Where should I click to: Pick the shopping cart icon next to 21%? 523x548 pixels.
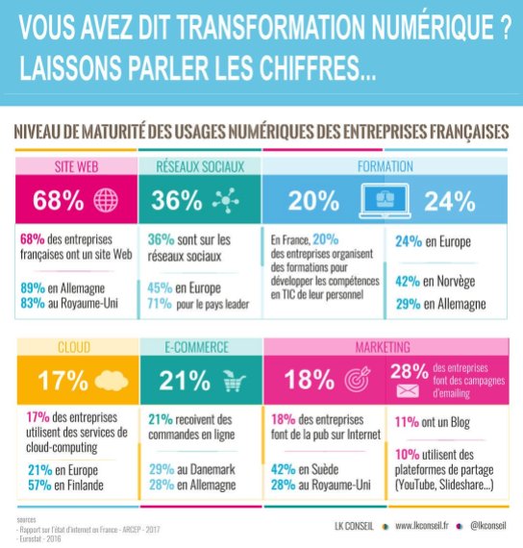(232, 382)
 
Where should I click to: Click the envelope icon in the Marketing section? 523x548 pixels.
(405, 390)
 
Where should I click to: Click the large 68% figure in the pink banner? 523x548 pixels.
(59, 201)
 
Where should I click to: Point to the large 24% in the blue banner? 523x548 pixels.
(449, 201)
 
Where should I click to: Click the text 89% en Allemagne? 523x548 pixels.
(68, 287)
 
